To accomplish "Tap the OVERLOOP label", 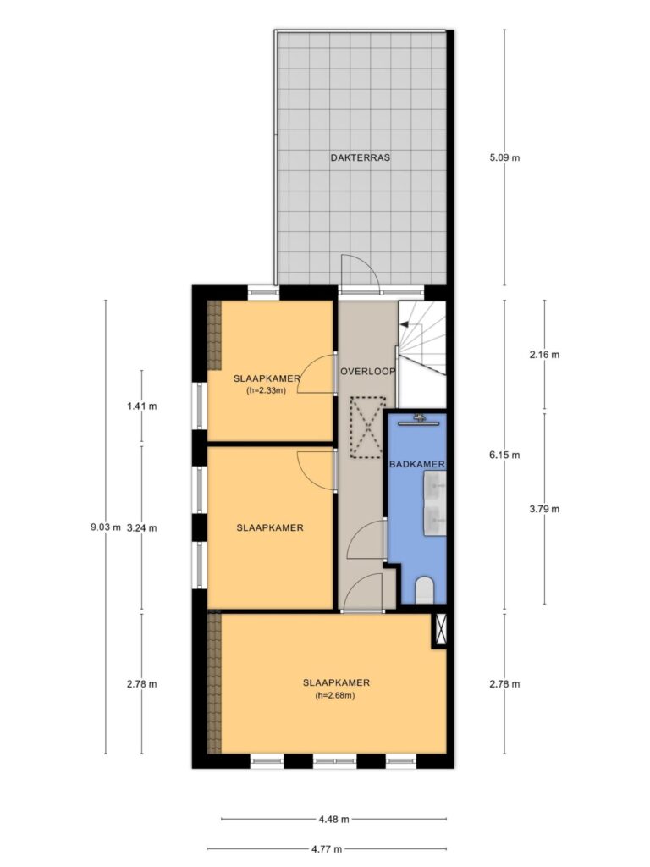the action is pyautogui.click(x=367, y=372).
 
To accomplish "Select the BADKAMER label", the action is pyautogui.click(x=416, y=465).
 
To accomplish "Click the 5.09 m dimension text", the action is pyautogui.click(x=504, y=157).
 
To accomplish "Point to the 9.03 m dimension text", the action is pyautogui.click(x=106, y=527).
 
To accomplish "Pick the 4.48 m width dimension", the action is pyautogui.click(x=333, y=820).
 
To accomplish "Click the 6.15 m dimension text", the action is pyautogui.click(x=504, y=456).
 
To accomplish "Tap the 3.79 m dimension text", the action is pyautogui.click(x=544, y=509).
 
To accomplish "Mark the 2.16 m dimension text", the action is pyautogui.click(x=544, y=355).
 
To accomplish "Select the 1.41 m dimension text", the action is pyautogui.click(x=141, y=406).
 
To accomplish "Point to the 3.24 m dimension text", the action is pyautogui.click(x=141, y=528).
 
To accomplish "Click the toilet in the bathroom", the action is pyautogui.click(x=424, y=590).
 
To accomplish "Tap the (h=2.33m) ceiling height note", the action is pyautogui.click(x=267, y=390).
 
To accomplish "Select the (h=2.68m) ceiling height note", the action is pyautogui.click(x=335, y=696).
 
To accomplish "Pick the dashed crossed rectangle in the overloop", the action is pyautogui.click(x=366, y=428).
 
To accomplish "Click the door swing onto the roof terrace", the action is pyautogui.click(x=360, y=273).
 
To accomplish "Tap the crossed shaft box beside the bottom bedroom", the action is pyautogui.click(x=440, y=630).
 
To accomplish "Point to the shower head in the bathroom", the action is pyautogui.click(x=421, y=420).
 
